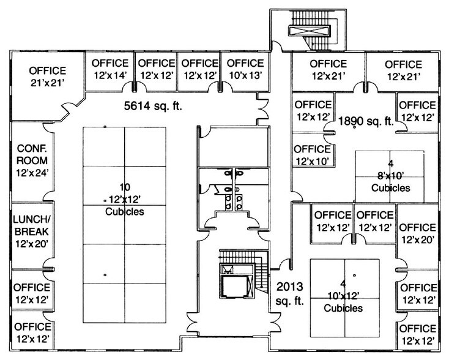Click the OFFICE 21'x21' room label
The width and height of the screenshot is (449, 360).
[x=47, y=75]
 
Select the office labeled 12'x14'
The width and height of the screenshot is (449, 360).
[x=111, y=69]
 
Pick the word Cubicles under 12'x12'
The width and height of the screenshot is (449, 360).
[x=125, y=212]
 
